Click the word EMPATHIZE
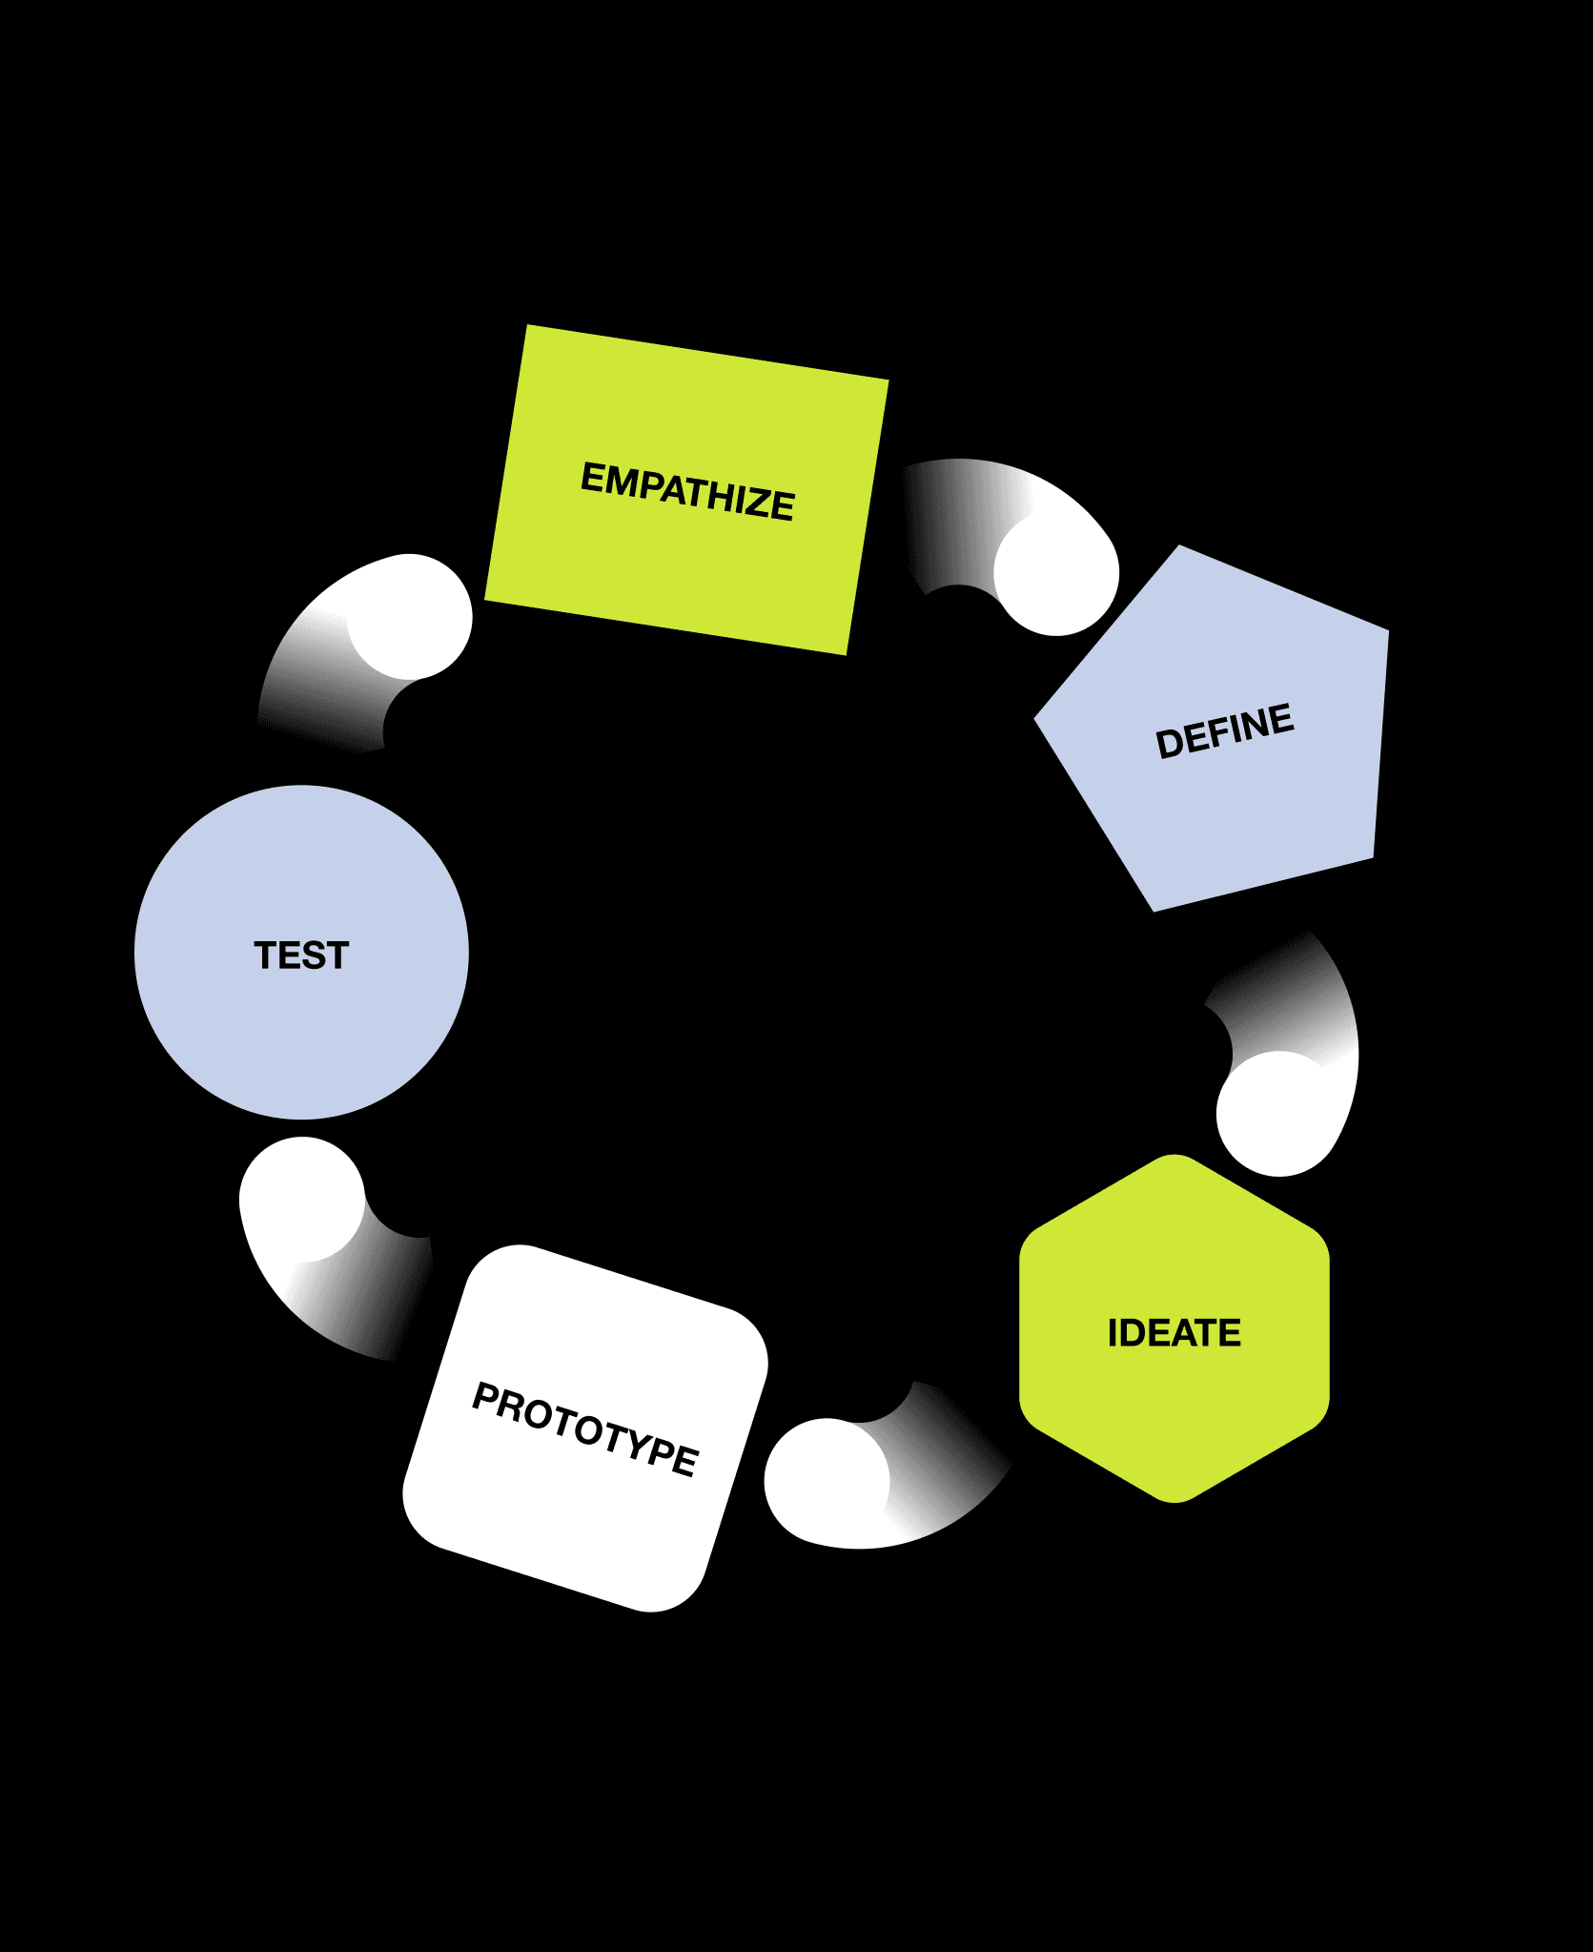tap(687, 491)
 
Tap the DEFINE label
tap(1225, 731)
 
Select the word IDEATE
tap(1174, 1333)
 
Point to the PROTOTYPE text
tap(585, 1428)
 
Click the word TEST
tap(301, 955)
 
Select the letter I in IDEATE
tap(1113, 1333)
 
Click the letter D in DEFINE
tap(1169, 744)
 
